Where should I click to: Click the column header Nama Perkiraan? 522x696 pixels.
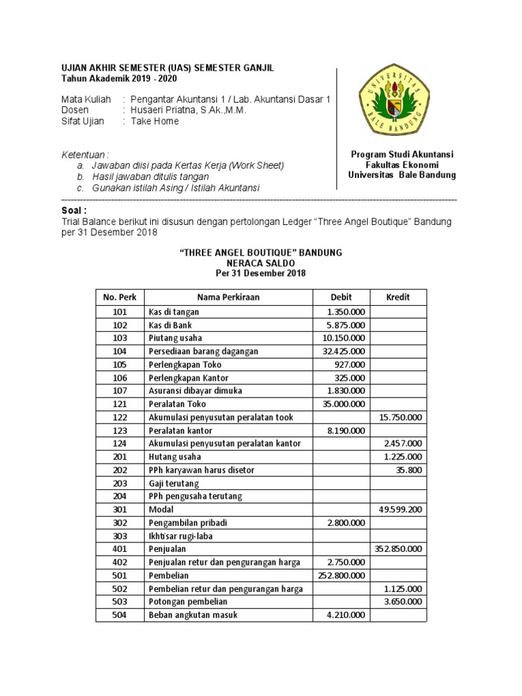tap(228, 297)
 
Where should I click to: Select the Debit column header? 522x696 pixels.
tap(341, 297)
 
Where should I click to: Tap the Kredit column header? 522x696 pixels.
tap(398, 297)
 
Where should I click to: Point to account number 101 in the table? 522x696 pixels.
tap(119, 312)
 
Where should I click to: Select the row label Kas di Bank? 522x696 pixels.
tap(170, 325)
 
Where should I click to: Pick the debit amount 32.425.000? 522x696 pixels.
tap(343, 351)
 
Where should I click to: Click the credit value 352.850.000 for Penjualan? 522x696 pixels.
tap(398, 549)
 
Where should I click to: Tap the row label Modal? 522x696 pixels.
tap(160, 509)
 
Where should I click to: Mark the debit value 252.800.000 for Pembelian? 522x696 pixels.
tap(341, 575)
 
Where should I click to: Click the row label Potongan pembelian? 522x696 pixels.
tap(188, 602)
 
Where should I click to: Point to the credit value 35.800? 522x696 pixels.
tap(410, 470)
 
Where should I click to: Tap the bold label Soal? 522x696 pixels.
tap(75, 211)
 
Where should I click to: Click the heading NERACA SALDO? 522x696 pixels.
tap(260, 262)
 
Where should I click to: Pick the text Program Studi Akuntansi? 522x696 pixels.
tap(402, 154)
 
